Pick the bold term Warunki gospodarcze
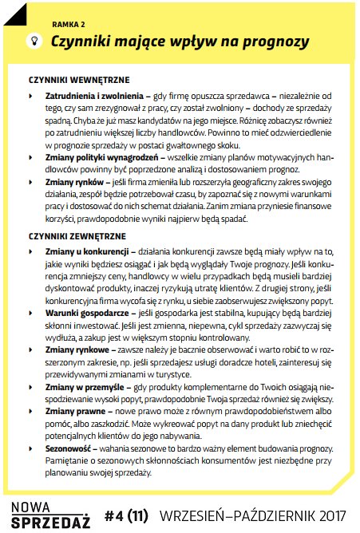point(92,314)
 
